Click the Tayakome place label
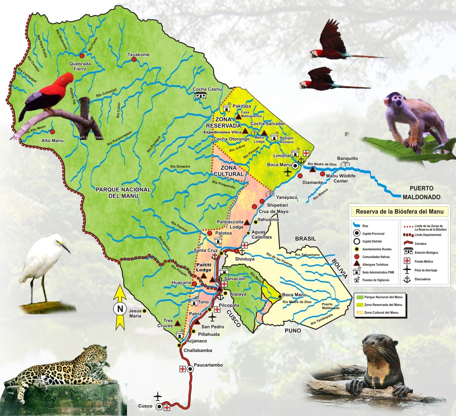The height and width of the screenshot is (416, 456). [x=138, y=54]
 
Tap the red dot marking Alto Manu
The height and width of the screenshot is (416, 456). [x=53, y=131]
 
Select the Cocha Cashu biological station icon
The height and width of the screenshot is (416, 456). [x=201, y=96]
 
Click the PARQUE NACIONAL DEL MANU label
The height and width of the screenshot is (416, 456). [x=123, y=192]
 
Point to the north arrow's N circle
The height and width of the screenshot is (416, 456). [x=120, y=308]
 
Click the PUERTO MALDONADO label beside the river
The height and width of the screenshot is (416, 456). [x=421, y=192]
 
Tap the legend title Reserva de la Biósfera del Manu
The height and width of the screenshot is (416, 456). [x=400, y=212]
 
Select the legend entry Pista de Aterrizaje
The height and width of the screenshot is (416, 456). [x=426, y=270]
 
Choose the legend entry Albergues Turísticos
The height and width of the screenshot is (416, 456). [x=375, y=265]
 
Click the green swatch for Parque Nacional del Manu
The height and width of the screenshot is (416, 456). [x=359, y=297]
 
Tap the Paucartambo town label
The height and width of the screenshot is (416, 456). [x=208, y=365]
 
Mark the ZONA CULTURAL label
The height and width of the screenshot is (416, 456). [x=228, y=171]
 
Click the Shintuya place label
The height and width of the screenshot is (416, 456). [x=245, y=259]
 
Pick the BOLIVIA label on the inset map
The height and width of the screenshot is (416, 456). [x=339, y=268]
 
